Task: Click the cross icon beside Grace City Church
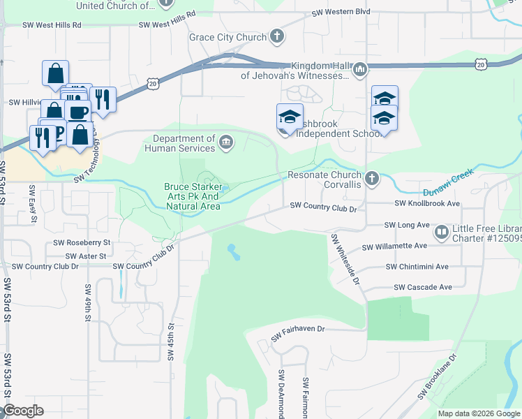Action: (x=277, y=37)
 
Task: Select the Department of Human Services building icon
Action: (x=226, y=143)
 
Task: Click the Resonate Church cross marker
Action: (x=371, y=179)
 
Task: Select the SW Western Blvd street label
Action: (x=341, y=13)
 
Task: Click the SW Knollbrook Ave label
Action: (x=427, y=203)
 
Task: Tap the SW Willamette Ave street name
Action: (x=394, y=247)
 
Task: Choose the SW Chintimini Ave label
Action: (x=417, y=267)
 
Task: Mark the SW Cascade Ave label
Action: (x=423, y=287)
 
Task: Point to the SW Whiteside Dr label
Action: (x=345, y=259)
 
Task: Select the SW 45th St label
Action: (x=170, y=341)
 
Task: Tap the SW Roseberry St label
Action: (x=82, y=243)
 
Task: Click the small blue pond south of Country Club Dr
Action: (x=232, y=251)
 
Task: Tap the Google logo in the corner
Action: (x=22, y=411)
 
